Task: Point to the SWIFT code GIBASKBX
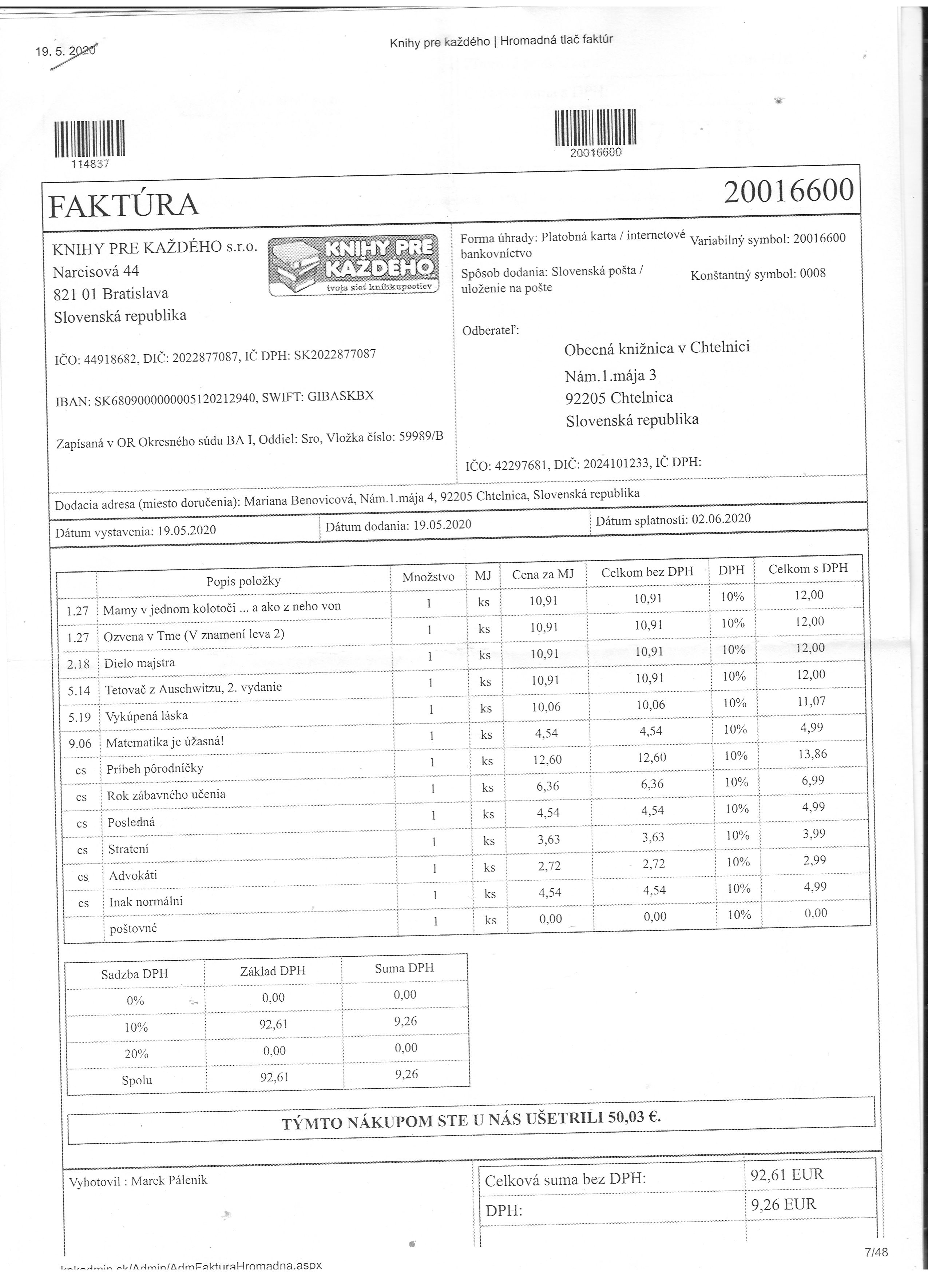coord(341,396)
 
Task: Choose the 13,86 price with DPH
coord(812,754)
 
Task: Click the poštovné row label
coord(133,928)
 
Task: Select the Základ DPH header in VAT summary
coord(273,970)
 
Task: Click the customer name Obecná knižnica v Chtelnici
coord(657,348)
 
